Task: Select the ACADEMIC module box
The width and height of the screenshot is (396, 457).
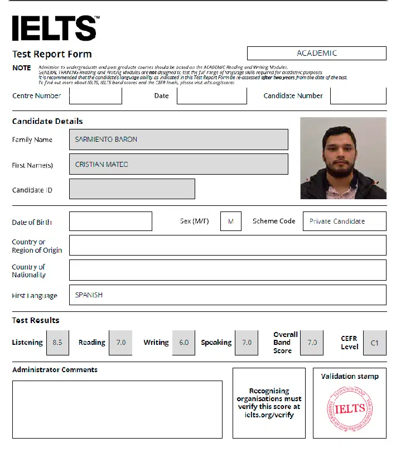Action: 316,54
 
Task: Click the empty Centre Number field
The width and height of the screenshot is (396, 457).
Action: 95,95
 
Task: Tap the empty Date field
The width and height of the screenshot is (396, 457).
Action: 211,95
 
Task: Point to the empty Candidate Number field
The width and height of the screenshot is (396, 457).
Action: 358,95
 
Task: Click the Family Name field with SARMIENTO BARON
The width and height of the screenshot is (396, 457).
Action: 178,139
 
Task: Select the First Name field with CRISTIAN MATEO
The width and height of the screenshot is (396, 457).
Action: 178,164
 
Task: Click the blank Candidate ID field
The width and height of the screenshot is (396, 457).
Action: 132,189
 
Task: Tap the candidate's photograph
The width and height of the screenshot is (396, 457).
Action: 343,158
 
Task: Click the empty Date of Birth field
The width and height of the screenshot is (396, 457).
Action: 110,222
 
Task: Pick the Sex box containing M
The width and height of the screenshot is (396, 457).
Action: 230,222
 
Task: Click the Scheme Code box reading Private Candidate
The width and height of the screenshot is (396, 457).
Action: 344,222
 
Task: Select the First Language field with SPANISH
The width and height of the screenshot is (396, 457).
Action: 228,295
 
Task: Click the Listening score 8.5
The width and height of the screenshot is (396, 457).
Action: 57,343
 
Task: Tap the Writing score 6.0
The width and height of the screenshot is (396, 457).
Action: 184,343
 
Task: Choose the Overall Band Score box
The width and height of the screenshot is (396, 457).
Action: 312,343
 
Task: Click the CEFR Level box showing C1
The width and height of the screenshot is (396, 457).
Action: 374,343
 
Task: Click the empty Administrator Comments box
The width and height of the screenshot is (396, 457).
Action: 117,409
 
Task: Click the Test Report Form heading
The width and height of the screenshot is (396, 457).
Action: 52,54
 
